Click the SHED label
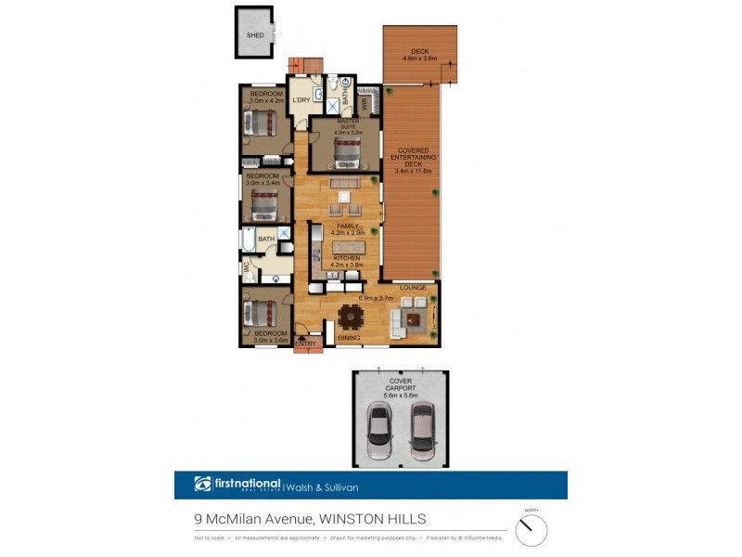254,35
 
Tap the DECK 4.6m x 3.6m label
419,55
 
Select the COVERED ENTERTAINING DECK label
413,161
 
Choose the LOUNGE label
413,288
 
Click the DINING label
349,338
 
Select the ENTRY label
304,344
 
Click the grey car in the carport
379,431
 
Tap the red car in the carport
423,431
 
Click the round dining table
350,317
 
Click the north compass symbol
531,529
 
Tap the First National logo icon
203,484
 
